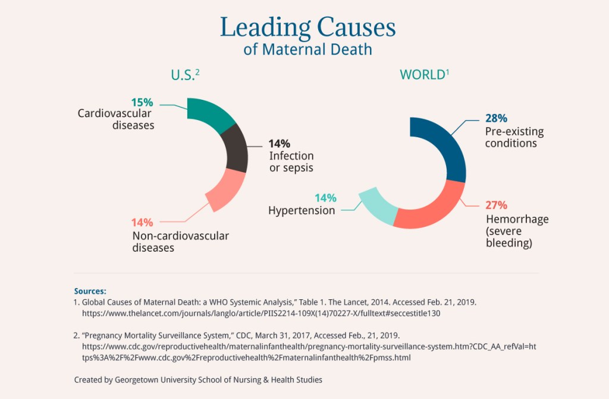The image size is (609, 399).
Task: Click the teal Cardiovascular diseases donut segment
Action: [x=209, y=115]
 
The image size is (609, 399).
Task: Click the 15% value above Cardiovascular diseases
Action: [x=142, y=102]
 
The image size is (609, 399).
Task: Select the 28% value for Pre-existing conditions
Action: [x=496, y=118]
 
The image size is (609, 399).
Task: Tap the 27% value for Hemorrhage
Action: [x=496, y=205]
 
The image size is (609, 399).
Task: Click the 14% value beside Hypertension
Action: [x=325, y=198]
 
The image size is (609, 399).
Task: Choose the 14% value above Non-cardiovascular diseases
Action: [x=142, y=223]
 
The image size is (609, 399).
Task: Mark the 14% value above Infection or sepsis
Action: [x=279, y=144]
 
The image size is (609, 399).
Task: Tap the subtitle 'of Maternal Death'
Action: [x=307, y=49]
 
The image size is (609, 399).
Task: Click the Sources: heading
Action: [x=90, y=291]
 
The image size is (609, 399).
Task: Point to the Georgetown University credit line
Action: [x=198, y=379]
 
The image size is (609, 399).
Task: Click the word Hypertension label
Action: [x=302, y=211]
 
